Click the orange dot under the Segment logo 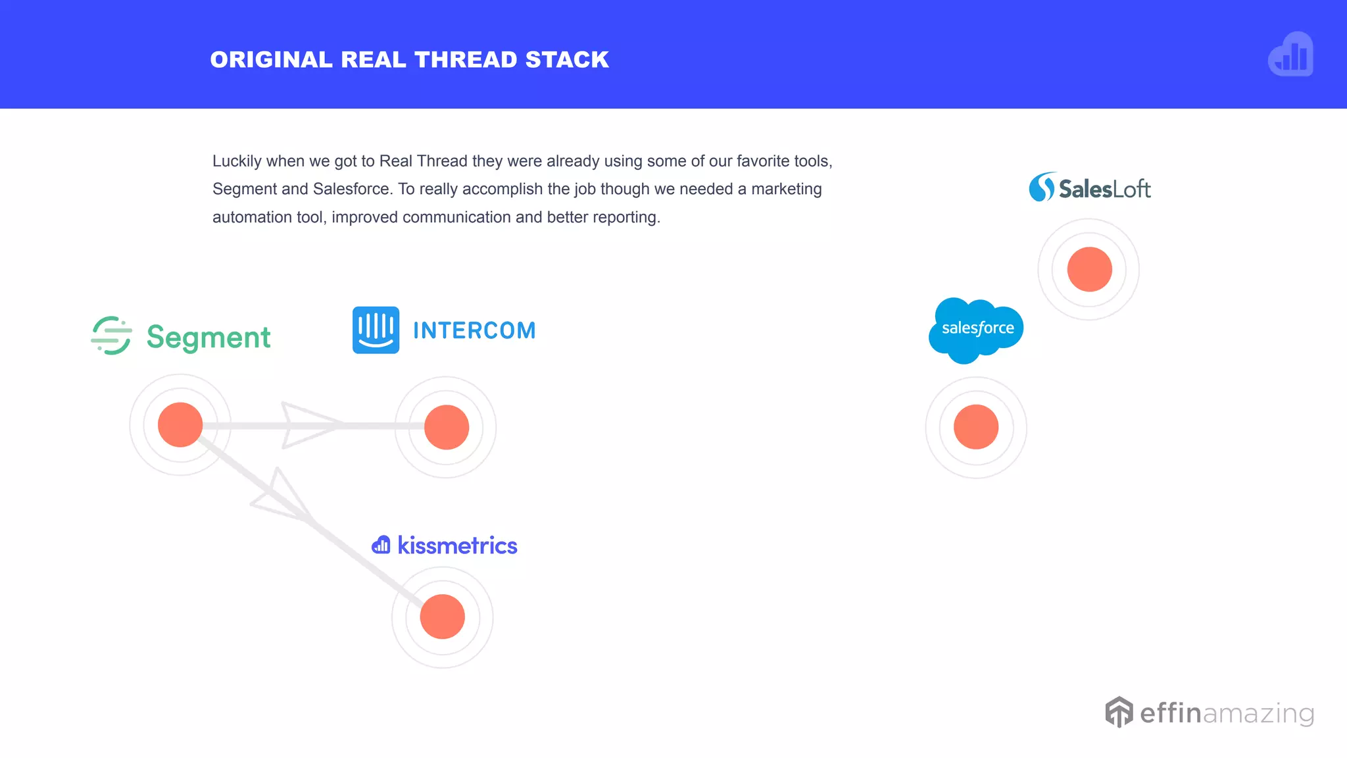click(180, 425)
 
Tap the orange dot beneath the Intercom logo click(447, 427)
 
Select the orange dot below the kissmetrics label click(443, 617)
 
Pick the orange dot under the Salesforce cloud click(976, 427)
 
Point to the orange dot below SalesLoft click(1090, 269)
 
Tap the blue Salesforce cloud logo click(976, 330)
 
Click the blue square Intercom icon click(376, 330)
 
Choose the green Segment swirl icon click(111, 336)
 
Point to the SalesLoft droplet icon click(1042, 188)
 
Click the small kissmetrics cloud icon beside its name click(381, 545)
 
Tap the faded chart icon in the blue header click(1290, 55)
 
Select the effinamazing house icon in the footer click(1119, 712)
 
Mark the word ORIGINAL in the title click(271, 60)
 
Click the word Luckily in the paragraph click(237, 161)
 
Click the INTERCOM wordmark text click(474, 330)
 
